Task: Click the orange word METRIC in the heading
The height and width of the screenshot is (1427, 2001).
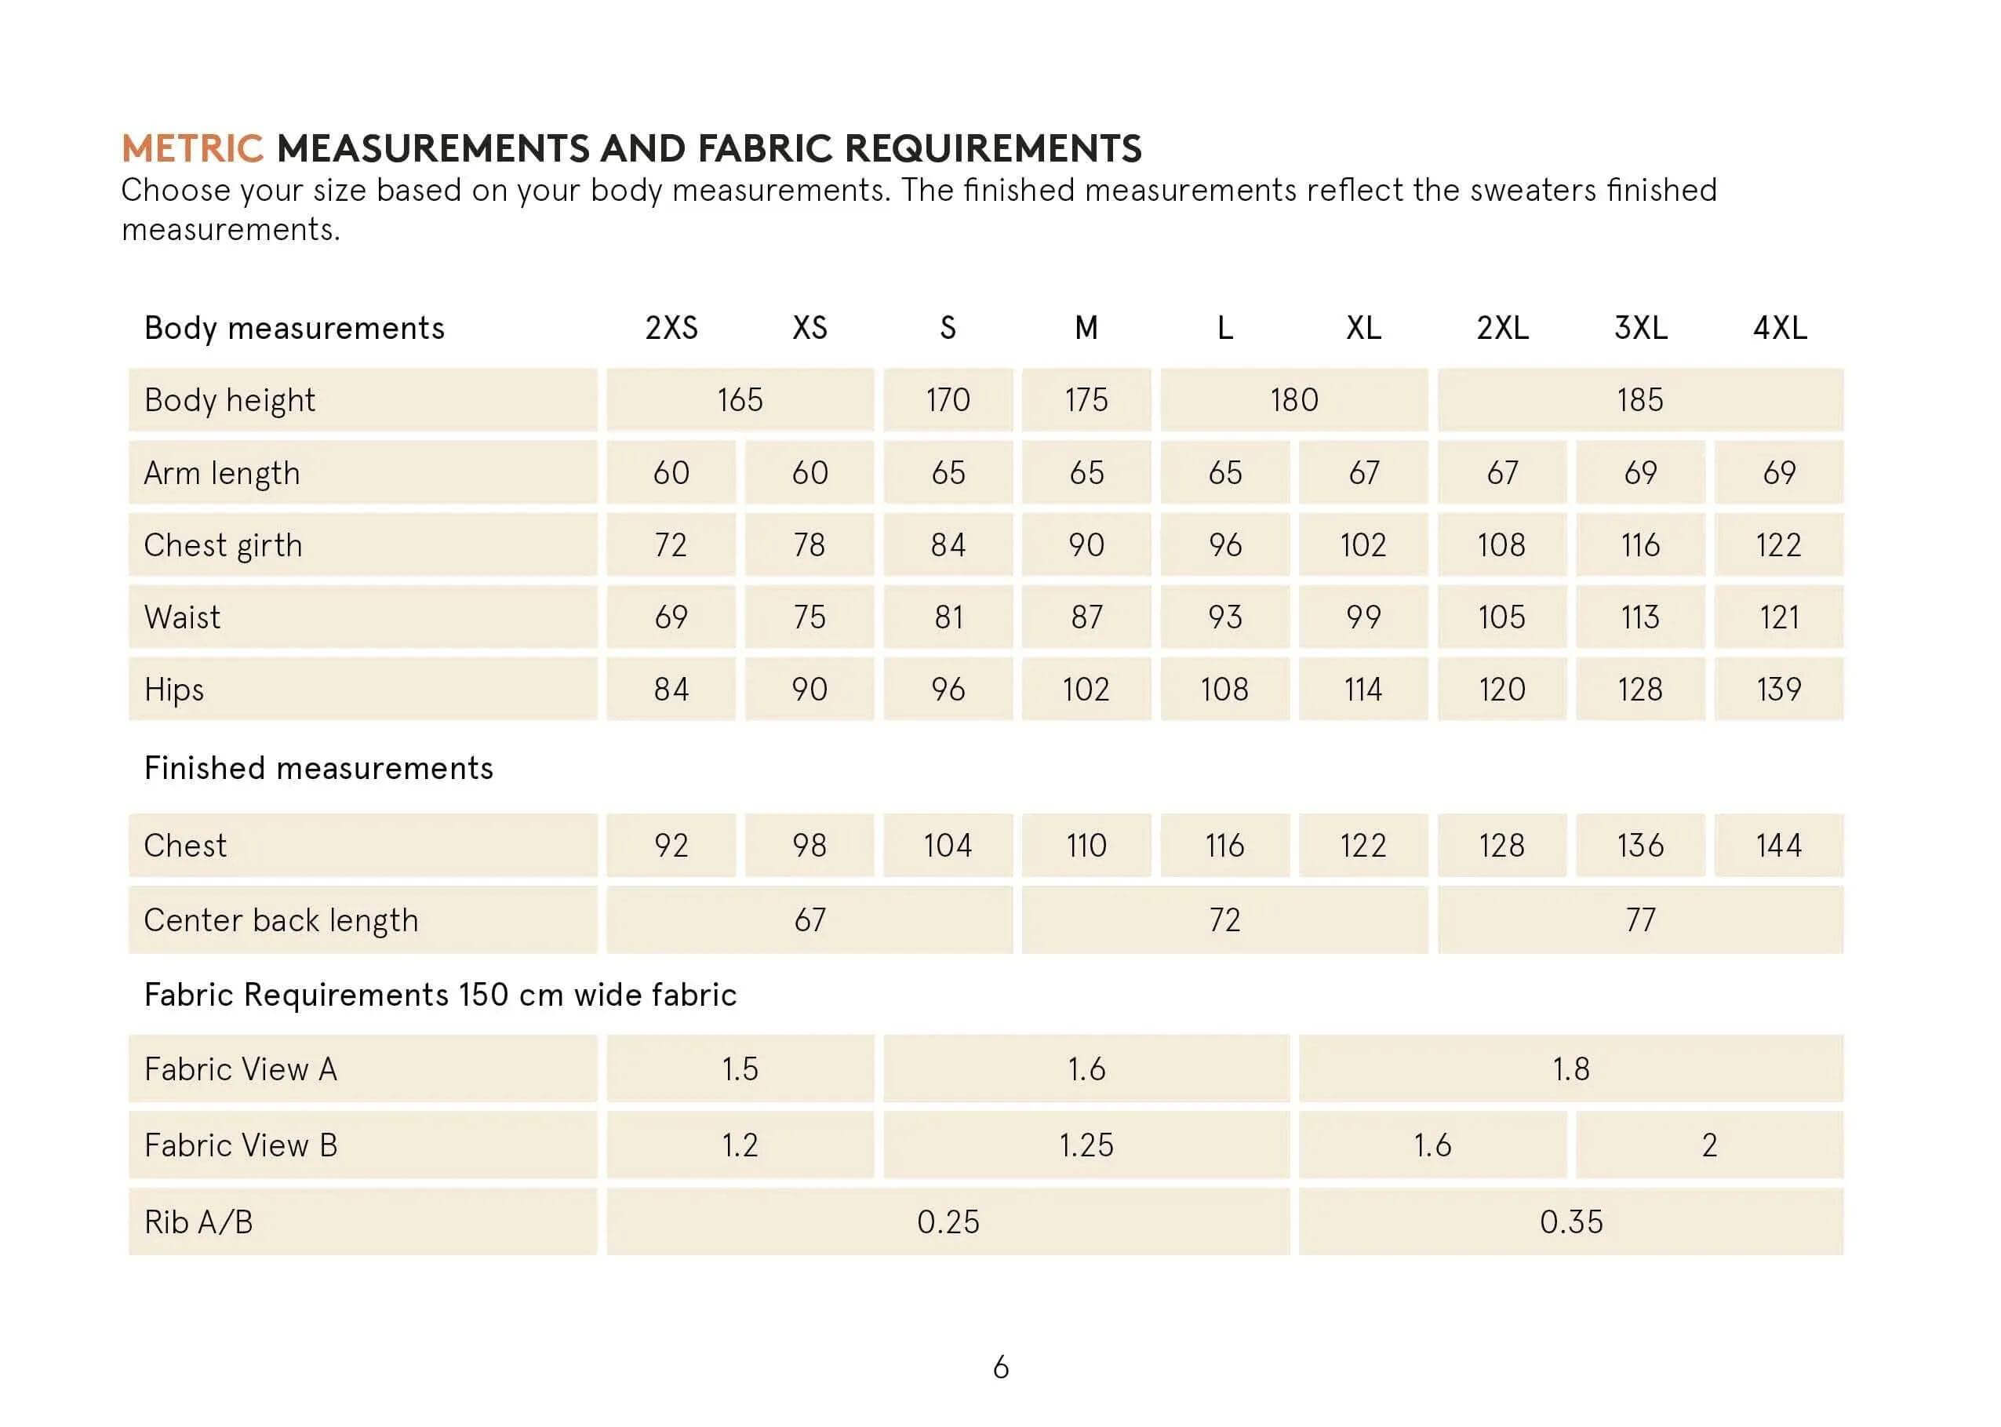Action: coord(192,147)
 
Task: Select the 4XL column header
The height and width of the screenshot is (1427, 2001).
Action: coord(1779,328)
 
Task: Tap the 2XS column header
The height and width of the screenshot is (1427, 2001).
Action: coord(671,328)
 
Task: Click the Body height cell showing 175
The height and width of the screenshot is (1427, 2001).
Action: coord(1086,400)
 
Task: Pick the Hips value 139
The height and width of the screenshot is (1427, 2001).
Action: coord(1779,689)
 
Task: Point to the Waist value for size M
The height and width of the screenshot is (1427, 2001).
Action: coord(1086,617)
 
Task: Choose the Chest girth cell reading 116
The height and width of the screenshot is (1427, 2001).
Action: coord(1640,544)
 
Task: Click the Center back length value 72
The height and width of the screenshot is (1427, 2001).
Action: coord(1224,920)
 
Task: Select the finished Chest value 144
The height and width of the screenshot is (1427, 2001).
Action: coord(1779,846)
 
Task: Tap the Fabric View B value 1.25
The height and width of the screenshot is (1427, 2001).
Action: coord(1086,1145)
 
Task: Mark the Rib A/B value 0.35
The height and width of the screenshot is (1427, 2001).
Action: coord(1570,1221)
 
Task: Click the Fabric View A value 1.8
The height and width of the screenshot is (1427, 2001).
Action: coord(1570,1068)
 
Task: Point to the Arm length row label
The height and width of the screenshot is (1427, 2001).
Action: coord(222,473)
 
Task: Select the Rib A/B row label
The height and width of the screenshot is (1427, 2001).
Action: coord(198,1221)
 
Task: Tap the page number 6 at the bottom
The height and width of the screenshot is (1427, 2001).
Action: coord(1001,1367)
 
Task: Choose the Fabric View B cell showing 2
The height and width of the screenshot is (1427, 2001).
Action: coord(1708,1145)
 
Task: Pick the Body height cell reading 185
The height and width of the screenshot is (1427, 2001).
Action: coord(1640,400)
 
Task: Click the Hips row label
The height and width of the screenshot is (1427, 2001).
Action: coord(174,689)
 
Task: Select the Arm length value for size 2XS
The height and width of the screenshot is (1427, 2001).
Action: coord(671,473)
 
